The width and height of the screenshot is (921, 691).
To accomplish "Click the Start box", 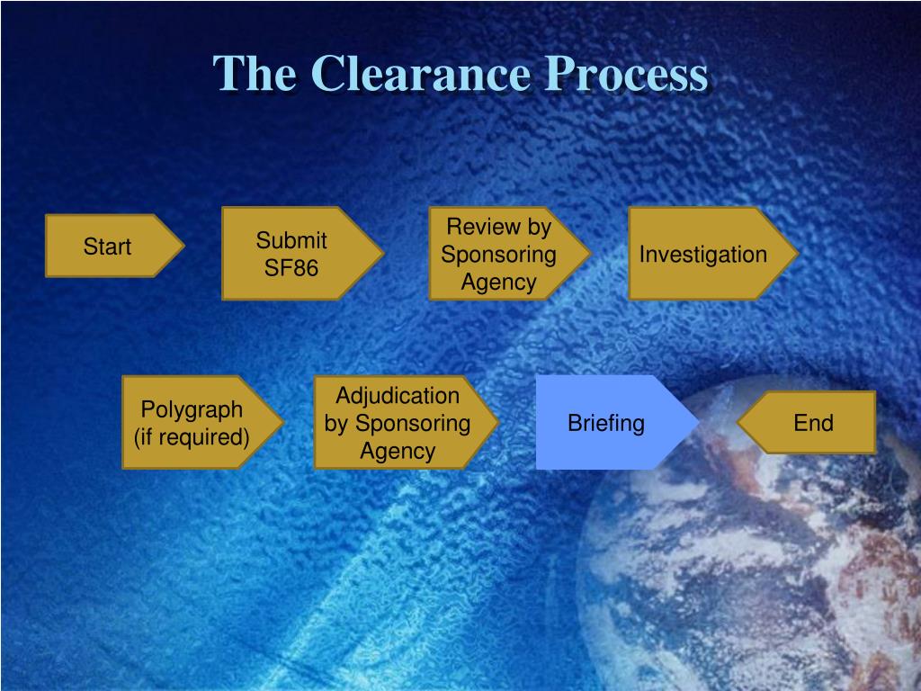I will pyautogui.click(x=108, y=247).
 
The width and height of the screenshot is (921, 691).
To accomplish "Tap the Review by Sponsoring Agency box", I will pyautogui.click(x=499, y=254).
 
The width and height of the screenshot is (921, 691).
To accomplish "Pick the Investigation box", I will pyautogui.click(x=703, y=254).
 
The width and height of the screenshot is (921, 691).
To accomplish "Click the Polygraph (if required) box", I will pyautogui.click(x=192, y=423).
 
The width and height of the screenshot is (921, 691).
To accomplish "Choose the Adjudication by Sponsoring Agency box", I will pyautogui.click(x=398, y=423).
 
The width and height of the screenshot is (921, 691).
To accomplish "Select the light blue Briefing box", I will pyautogui.click(x=606, y=423).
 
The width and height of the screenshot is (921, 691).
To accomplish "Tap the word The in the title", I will pyautogui.click(x=255, y=74).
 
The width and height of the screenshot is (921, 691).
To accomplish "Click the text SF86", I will pyautogui.click(x=291, y=268).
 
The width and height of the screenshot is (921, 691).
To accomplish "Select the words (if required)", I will pyautogui.click(x=192, y=437).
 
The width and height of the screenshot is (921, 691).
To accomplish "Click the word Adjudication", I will pyautogui.click(x=398, y=395).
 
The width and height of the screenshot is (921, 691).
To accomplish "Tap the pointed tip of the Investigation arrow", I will pyautogui.click(x=797, y=253).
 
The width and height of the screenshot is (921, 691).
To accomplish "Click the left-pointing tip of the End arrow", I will pyautogui.click(x=739, y=422).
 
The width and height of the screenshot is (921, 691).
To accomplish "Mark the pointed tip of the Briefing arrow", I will pyautogui.click(x=698, y=422).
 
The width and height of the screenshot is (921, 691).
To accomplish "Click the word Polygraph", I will pyautogui.click(x=192, y=409).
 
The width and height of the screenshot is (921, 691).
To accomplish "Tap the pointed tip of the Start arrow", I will pyautogui.click(x=183, y=246).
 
